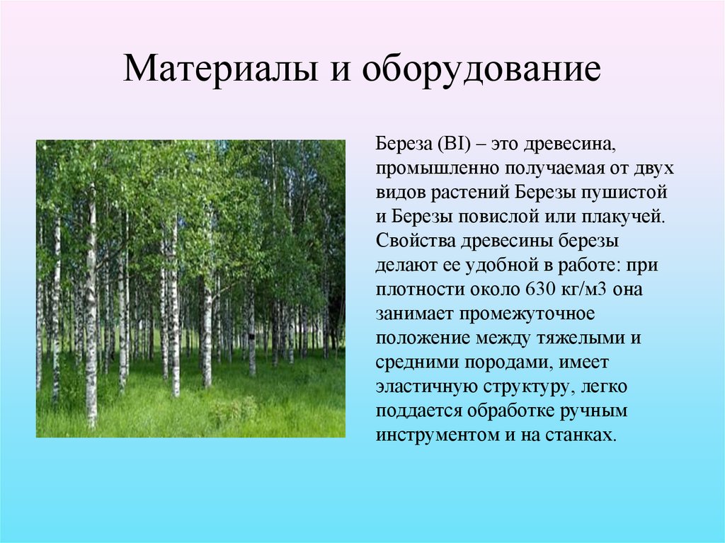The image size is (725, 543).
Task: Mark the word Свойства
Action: click(413, 241)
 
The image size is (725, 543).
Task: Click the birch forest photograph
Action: click(190, 288)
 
